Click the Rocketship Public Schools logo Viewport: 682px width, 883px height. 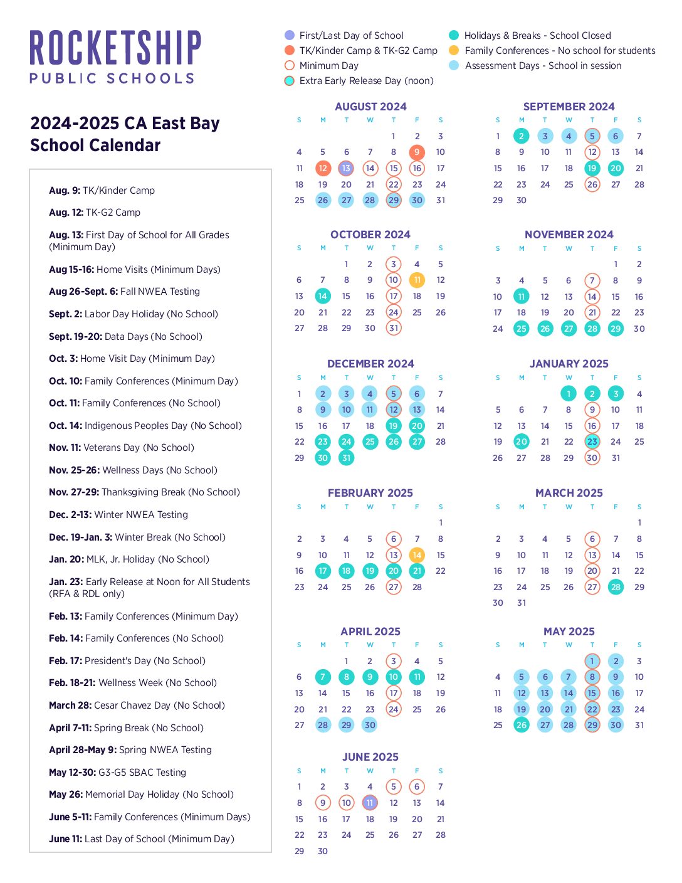point(115,56)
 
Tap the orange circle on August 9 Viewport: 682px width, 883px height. point(417,152)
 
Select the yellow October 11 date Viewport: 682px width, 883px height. point(417,280)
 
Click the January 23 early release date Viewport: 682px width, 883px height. point(592,441)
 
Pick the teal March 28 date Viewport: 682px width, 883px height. point(616,587)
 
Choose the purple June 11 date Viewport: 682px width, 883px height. point(370,803)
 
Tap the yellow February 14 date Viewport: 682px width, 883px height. point(417,555)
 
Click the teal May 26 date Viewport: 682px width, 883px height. point(521,725)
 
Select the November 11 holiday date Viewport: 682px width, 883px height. point(521,297)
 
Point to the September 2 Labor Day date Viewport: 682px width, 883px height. point(521,136)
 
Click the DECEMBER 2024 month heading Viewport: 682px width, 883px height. point(370,364)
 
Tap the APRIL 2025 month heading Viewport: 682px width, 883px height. point(370,632)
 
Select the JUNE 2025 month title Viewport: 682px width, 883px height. point(370,757)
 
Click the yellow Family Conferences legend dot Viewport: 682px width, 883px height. point(454,51)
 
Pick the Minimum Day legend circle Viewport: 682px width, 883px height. point(290,66)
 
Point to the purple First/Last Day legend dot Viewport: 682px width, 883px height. point(290,36)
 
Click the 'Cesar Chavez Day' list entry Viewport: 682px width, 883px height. point(137,706)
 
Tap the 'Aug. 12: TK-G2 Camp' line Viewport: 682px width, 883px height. point(95,213)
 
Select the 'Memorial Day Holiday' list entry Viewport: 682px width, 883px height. point(141,795)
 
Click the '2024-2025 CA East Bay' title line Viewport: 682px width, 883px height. point(125,124)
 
